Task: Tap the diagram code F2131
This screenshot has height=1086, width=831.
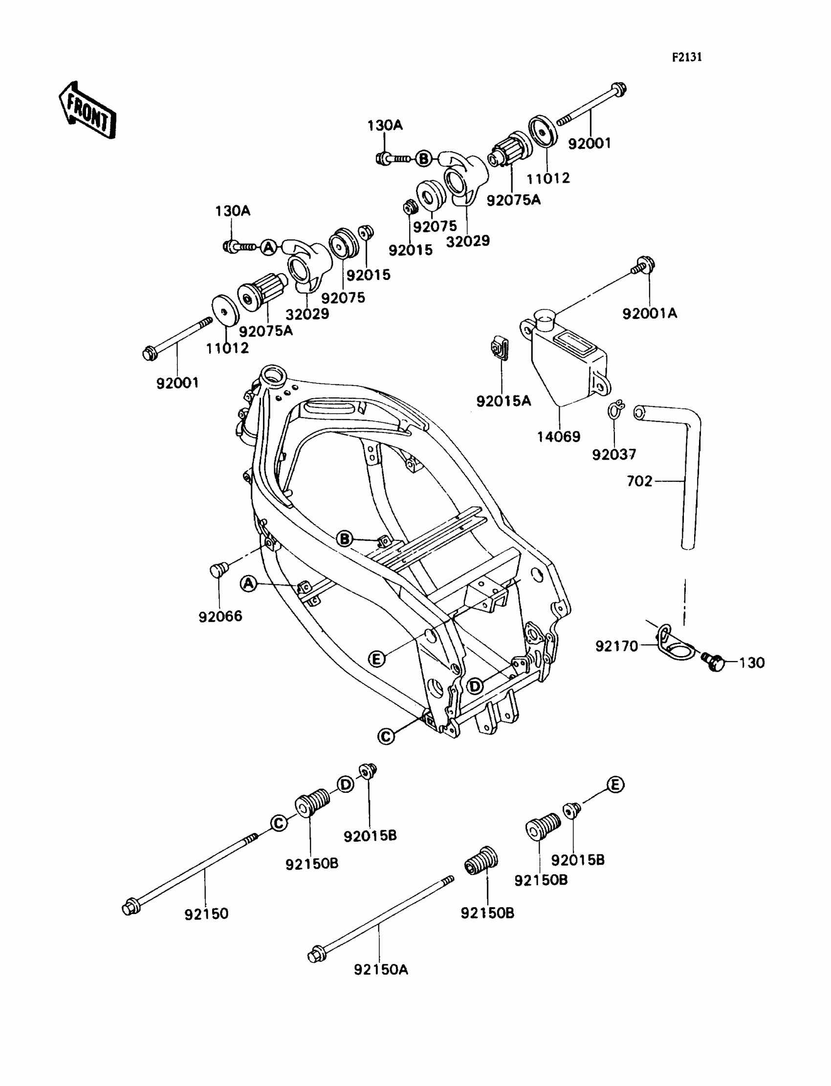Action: coord(687,57)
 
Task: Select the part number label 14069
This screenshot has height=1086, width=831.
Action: coord(558,436)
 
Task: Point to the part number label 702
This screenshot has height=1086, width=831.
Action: coord(639,481)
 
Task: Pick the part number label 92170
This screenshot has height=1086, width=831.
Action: coord(616,646)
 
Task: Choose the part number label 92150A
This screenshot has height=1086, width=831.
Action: coord(381,969)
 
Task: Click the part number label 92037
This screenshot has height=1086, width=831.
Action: coord(614,454)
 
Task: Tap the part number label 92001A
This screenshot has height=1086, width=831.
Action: coord(650,314)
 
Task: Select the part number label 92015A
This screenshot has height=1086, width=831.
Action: coord(503,401)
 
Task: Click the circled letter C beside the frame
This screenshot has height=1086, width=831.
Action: coord(386,737)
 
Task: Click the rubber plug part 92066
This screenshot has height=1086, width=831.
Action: coord(218,569)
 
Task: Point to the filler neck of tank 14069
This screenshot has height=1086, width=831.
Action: coord(546,319)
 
